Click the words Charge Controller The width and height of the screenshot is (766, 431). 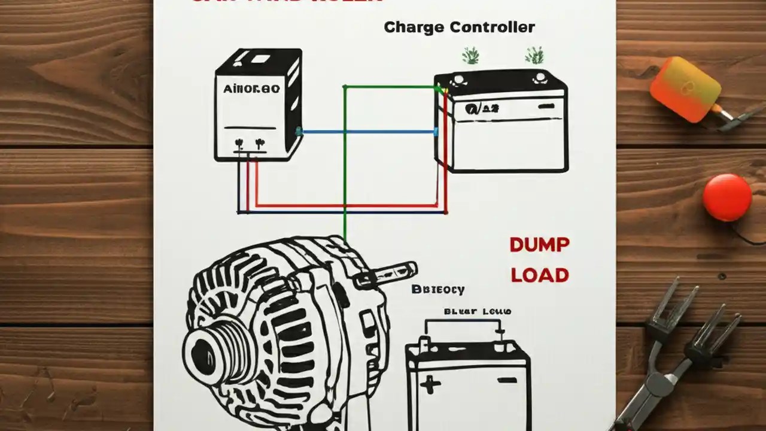click(x=459, y=27)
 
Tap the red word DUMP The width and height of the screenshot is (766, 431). click(x=539, y=244)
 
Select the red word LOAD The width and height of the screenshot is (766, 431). click(x=539, y=275)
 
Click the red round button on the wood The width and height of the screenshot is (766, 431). click(x=727, y=198)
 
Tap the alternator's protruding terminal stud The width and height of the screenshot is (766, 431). click(x=392, y=269)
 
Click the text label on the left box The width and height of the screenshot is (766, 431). click(x=251, y=89)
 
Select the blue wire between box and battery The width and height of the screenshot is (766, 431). click(x=368, y=132)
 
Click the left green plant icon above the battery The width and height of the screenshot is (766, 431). click(x=471, y=56)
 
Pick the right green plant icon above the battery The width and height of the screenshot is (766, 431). click(x=534, y=56)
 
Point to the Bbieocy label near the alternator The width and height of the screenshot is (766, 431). click(x=438, y=290)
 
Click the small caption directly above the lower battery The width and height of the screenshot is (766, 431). click(x=477, y=311)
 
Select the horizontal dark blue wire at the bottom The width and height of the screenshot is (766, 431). click(x=341, y=212)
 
